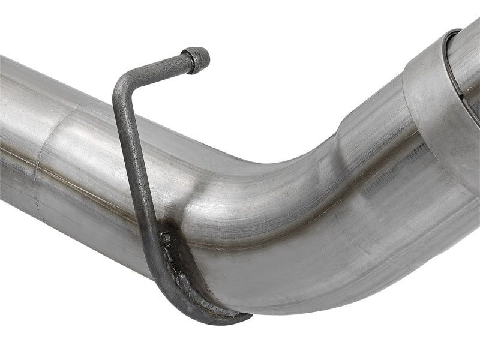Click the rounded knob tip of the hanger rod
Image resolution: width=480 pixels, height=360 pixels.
(x=200, y=58)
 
